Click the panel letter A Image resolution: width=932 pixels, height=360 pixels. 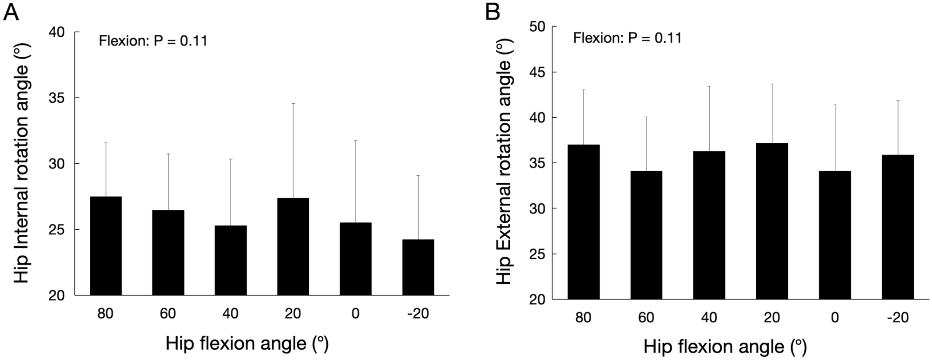tap(11, 12)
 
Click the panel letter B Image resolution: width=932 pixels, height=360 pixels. tap(493, 12)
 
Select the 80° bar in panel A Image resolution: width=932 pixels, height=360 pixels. tap(106, 246)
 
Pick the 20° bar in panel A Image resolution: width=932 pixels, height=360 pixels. tap(293, 247)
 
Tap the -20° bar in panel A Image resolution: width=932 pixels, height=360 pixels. tap(418, 267)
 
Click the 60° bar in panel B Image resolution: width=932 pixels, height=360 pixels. tap(646, 235)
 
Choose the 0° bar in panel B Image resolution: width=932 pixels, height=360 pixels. tap(835, 235)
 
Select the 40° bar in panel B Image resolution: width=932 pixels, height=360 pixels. tap(709, 225)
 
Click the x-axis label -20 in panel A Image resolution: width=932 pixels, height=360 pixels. tap(417, 314)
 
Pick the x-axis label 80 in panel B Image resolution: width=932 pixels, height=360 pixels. tap(583, 318)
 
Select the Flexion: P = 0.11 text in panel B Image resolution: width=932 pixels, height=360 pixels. tap(627, 38)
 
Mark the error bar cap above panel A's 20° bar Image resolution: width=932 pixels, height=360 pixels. tap(293, 103)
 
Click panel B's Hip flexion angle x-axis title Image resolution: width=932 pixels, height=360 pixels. tap(725, 347)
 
